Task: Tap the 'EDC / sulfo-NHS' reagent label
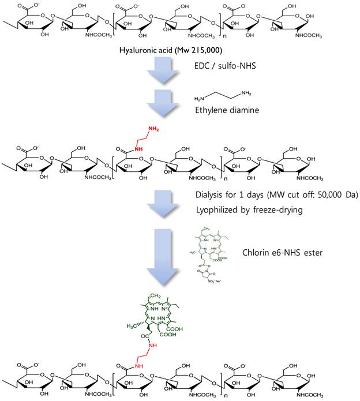tap(227, 68)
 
